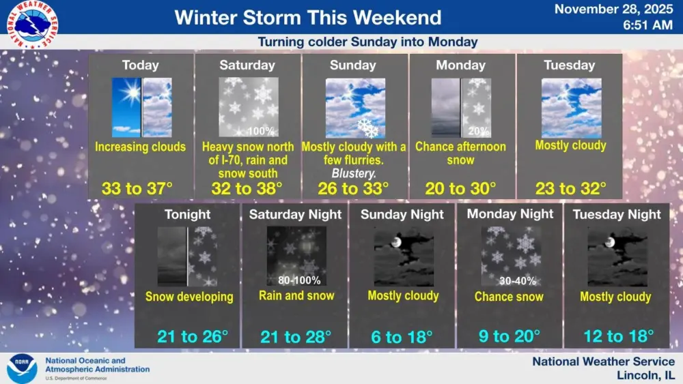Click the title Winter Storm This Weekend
tap(308, 17)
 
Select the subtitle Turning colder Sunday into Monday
tap(367, 42)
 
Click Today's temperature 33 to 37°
tap(140, 188)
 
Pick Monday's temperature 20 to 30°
tap(460, 188)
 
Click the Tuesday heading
tap(569, 65)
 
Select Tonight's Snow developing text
tap(189, 297)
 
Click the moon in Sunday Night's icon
tap(395, 242)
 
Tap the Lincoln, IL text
tap(645, 376)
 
